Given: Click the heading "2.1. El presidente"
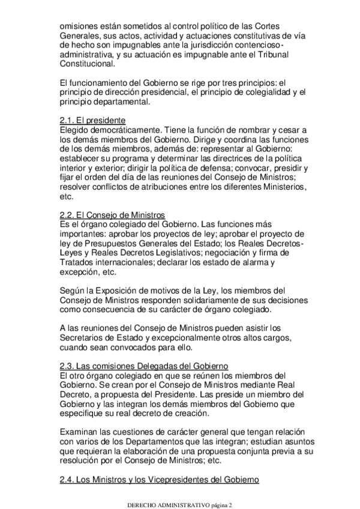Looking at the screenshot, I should [92, 120].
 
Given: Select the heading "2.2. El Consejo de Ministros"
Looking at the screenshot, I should [112, 215].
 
